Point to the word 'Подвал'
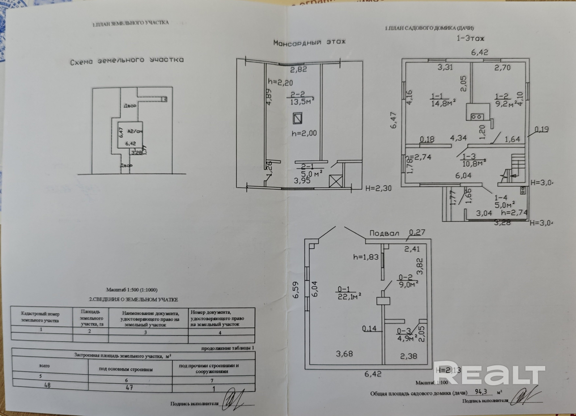(384, 233)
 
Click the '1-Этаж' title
(470, 38)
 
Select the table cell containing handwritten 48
(47, 385)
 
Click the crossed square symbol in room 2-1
(335, 181)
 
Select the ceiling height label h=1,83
(366, 257)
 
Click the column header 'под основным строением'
(126, 369)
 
